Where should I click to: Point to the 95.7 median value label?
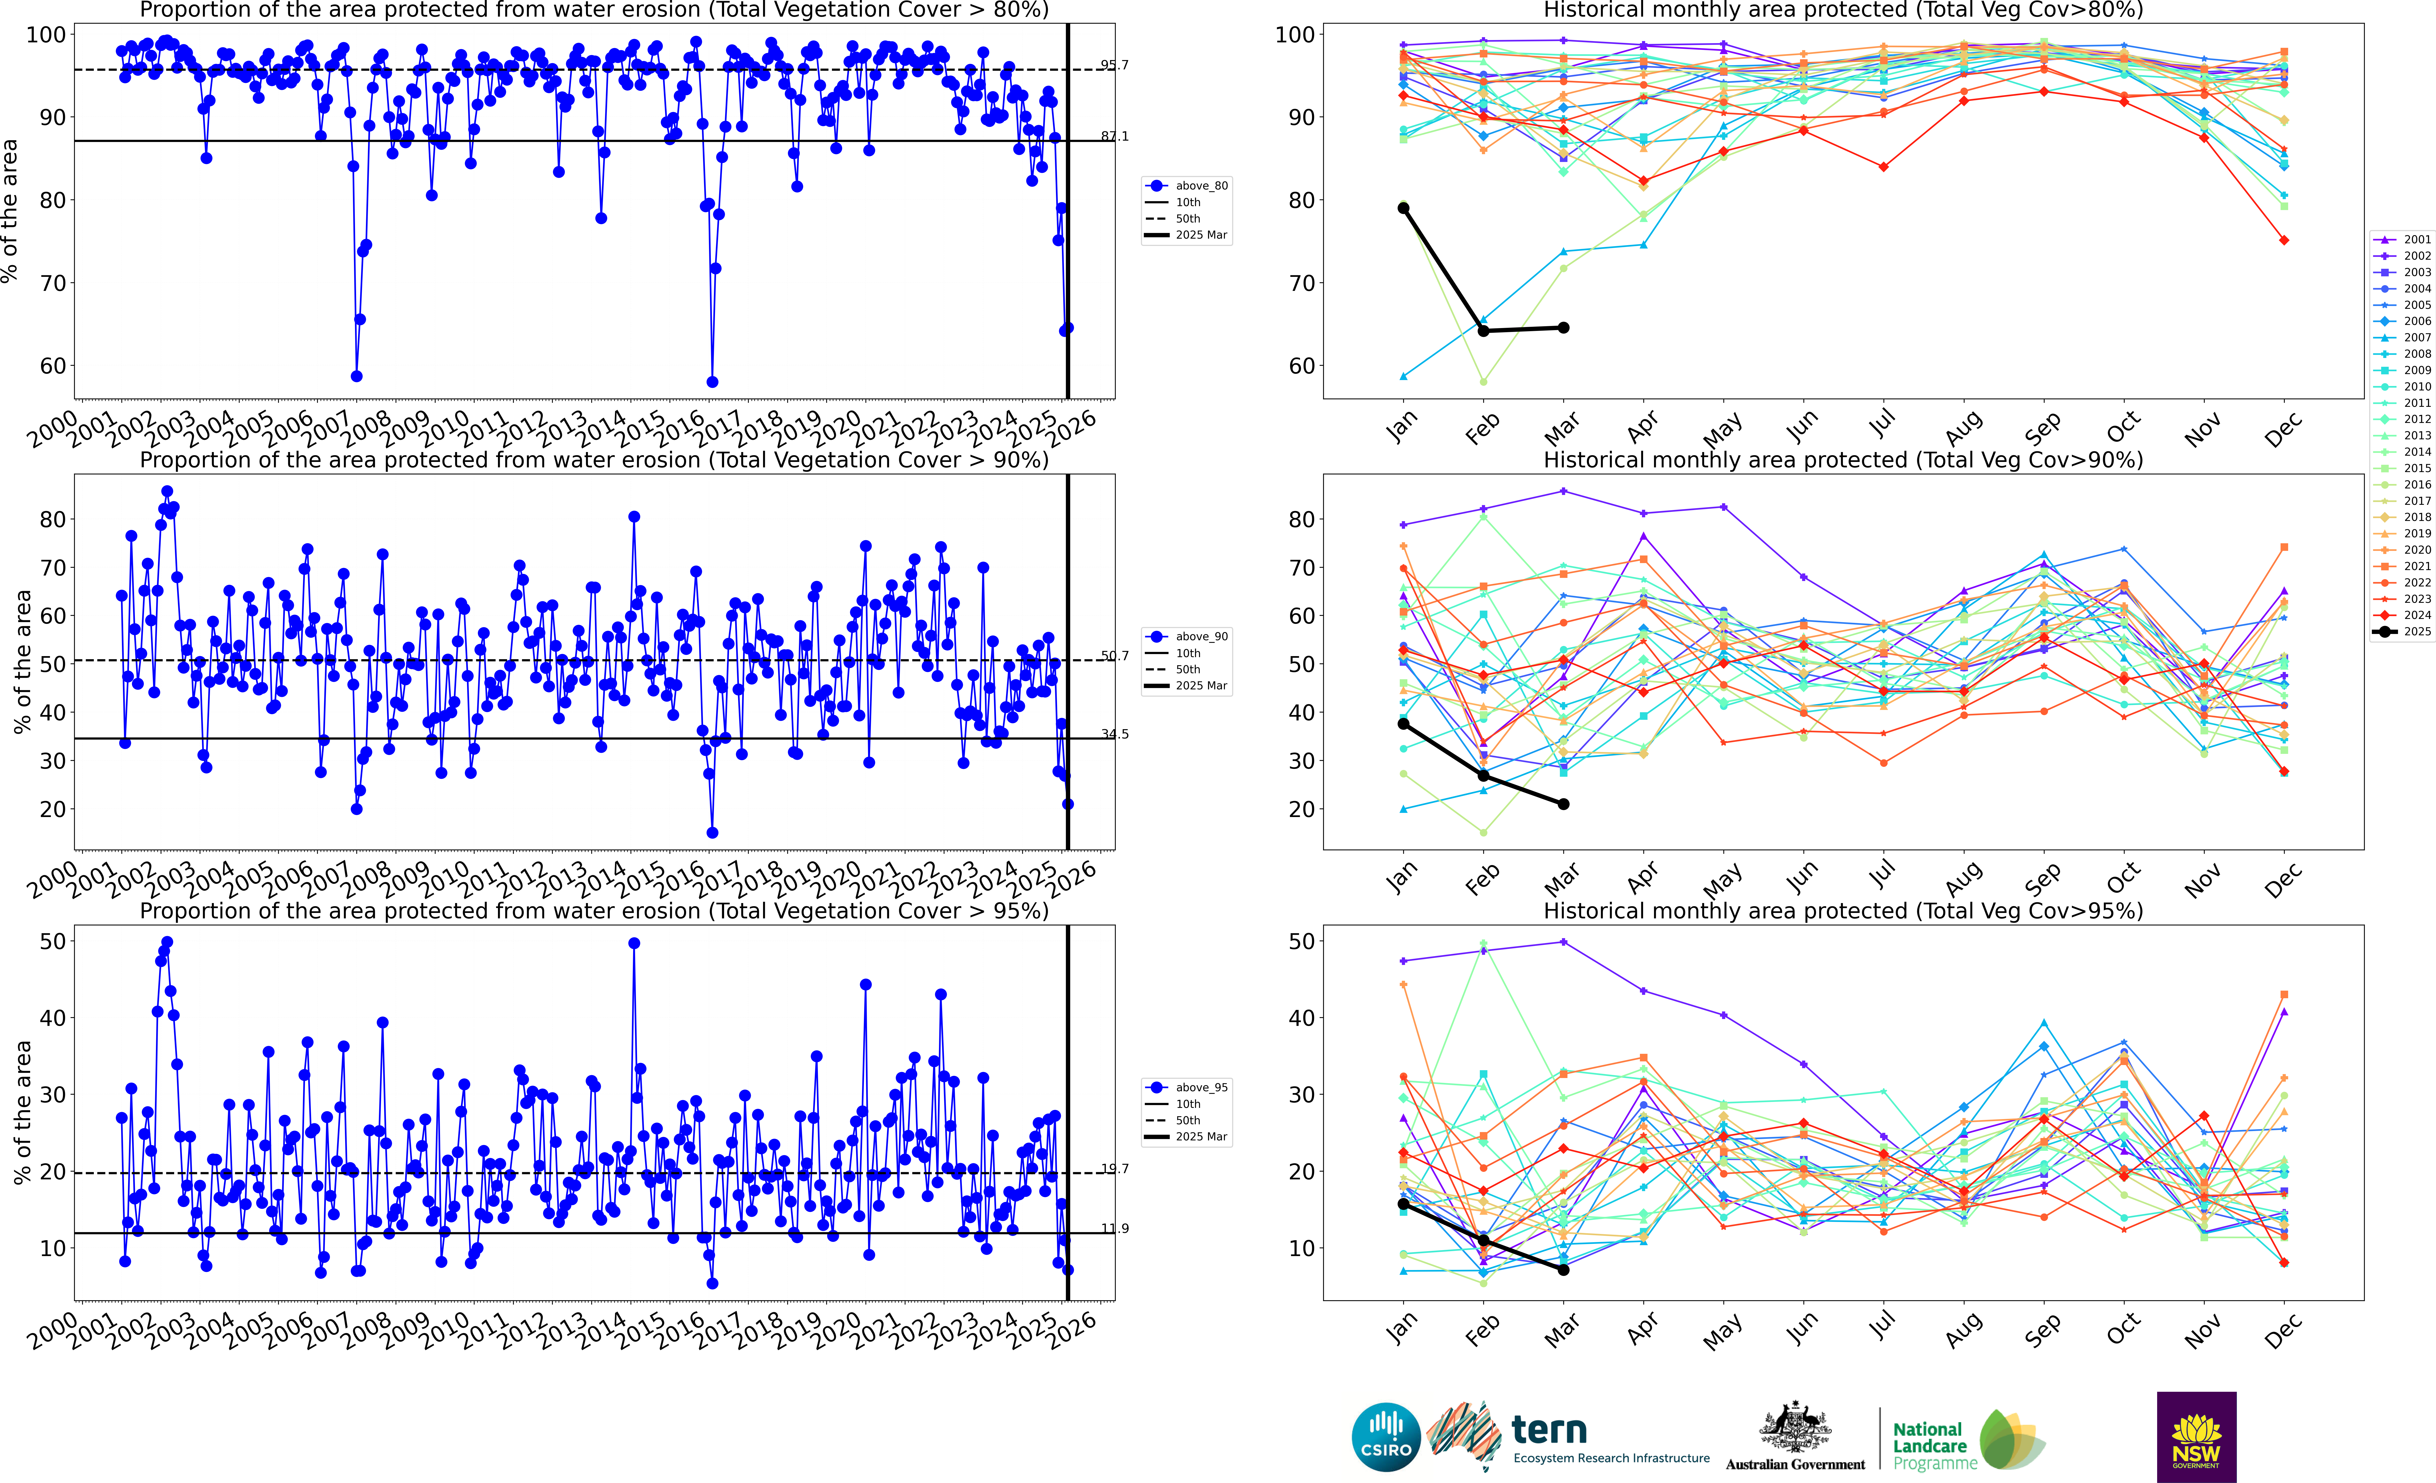(1114, 65)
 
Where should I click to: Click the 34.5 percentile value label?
(1114, 734)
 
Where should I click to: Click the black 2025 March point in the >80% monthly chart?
(1563, 327)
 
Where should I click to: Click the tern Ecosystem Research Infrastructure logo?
(1572, 1436)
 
